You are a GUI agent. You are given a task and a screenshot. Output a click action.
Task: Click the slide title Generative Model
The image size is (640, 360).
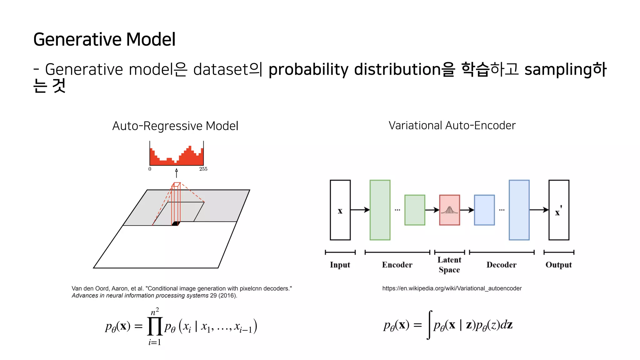104,39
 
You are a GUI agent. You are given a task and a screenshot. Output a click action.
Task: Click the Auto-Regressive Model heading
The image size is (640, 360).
175,126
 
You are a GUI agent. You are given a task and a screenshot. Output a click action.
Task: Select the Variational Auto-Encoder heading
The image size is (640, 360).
452,125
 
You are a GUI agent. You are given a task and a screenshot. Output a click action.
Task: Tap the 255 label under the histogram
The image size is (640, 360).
203,169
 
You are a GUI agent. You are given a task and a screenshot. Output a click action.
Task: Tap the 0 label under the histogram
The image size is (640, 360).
150,169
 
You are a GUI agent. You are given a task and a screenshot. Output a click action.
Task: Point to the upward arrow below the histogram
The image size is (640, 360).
177,173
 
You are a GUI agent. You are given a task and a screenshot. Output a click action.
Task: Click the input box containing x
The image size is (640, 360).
340,210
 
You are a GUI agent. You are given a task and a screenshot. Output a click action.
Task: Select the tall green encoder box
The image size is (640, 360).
380,210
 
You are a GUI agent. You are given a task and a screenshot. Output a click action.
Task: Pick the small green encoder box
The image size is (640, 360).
415,210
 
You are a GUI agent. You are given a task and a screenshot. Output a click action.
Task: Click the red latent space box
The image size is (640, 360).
449,210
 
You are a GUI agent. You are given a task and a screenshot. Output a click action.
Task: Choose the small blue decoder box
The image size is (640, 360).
484,210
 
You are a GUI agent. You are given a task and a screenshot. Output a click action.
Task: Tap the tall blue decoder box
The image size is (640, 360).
519,210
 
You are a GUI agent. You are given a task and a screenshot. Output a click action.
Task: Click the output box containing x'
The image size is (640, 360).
559,210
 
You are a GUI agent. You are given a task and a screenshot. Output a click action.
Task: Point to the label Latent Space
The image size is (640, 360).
449,265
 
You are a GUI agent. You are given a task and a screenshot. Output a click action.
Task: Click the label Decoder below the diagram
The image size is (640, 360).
501,265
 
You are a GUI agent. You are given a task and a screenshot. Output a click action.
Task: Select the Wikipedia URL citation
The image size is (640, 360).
452,288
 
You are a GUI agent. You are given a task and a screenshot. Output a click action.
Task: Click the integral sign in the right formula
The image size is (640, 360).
429,325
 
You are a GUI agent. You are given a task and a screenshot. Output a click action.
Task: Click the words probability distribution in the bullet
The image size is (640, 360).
355,69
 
